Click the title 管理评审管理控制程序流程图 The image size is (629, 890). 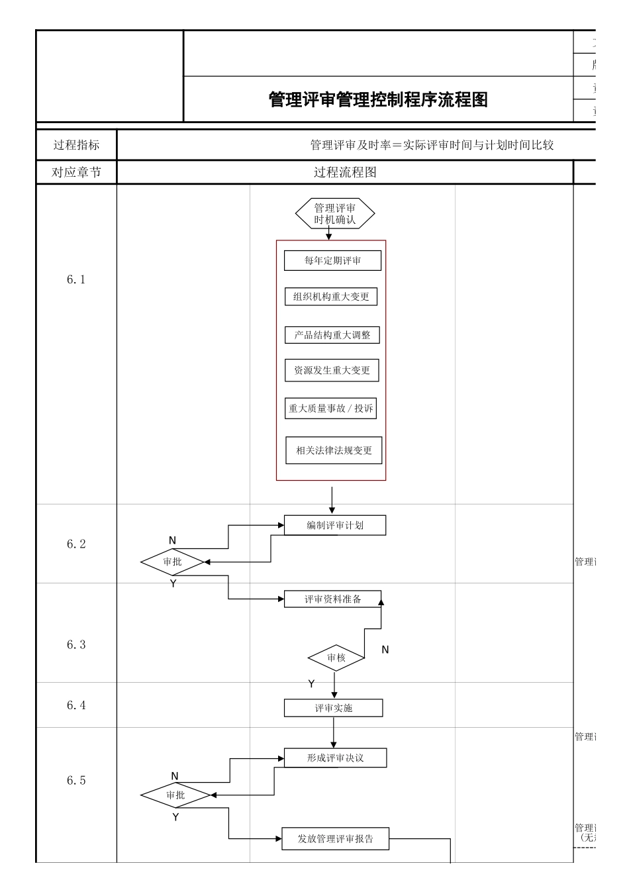[x=378, y=100]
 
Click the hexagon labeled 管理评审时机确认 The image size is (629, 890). [x=335, y=214]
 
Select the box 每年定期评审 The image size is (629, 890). [x=332, y=261]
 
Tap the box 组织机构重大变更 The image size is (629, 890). [x=331, y=297]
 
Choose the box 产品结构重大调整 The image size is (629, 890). [x=332, y=335]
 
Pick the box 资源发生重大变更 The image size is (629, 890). [x=332, y=370]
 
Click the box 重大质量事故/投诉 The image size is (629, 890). [x=331, y=409]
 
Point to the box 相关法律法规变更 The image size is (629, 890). [x=334, y=450]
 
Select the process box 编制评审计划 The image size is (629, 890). [x=335, y=525]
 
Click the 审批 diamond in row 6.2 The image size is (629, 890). [x=172, y=562]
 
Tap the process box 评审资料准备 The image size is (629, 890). [x=333, y=599]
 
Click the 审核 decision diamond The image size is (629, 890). [x=336, y=658]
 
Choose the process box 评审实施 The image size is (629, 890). [x=334, y=708]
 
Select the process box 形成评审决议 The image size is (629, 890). [x=335, y=758]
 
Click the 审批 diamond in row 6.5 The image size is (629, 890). [x=175, y=795]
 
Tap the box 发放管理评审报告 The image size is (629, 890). [x=335, y=839]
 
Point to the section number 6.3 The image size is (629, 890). [x=76, y=645]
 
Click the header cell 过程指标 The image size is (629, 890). [x=76, y=145]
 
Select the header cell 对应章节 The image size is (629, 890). [x=76, y=173]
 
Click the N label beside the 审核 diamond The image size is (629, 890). [x=385, y=650]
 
